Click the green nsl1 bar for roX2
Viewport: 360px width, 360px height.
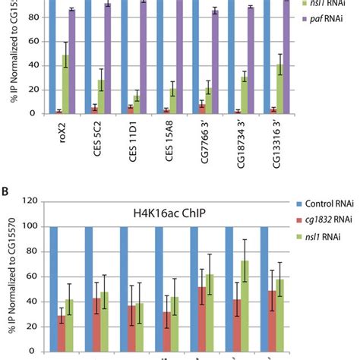click(66, 84)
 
